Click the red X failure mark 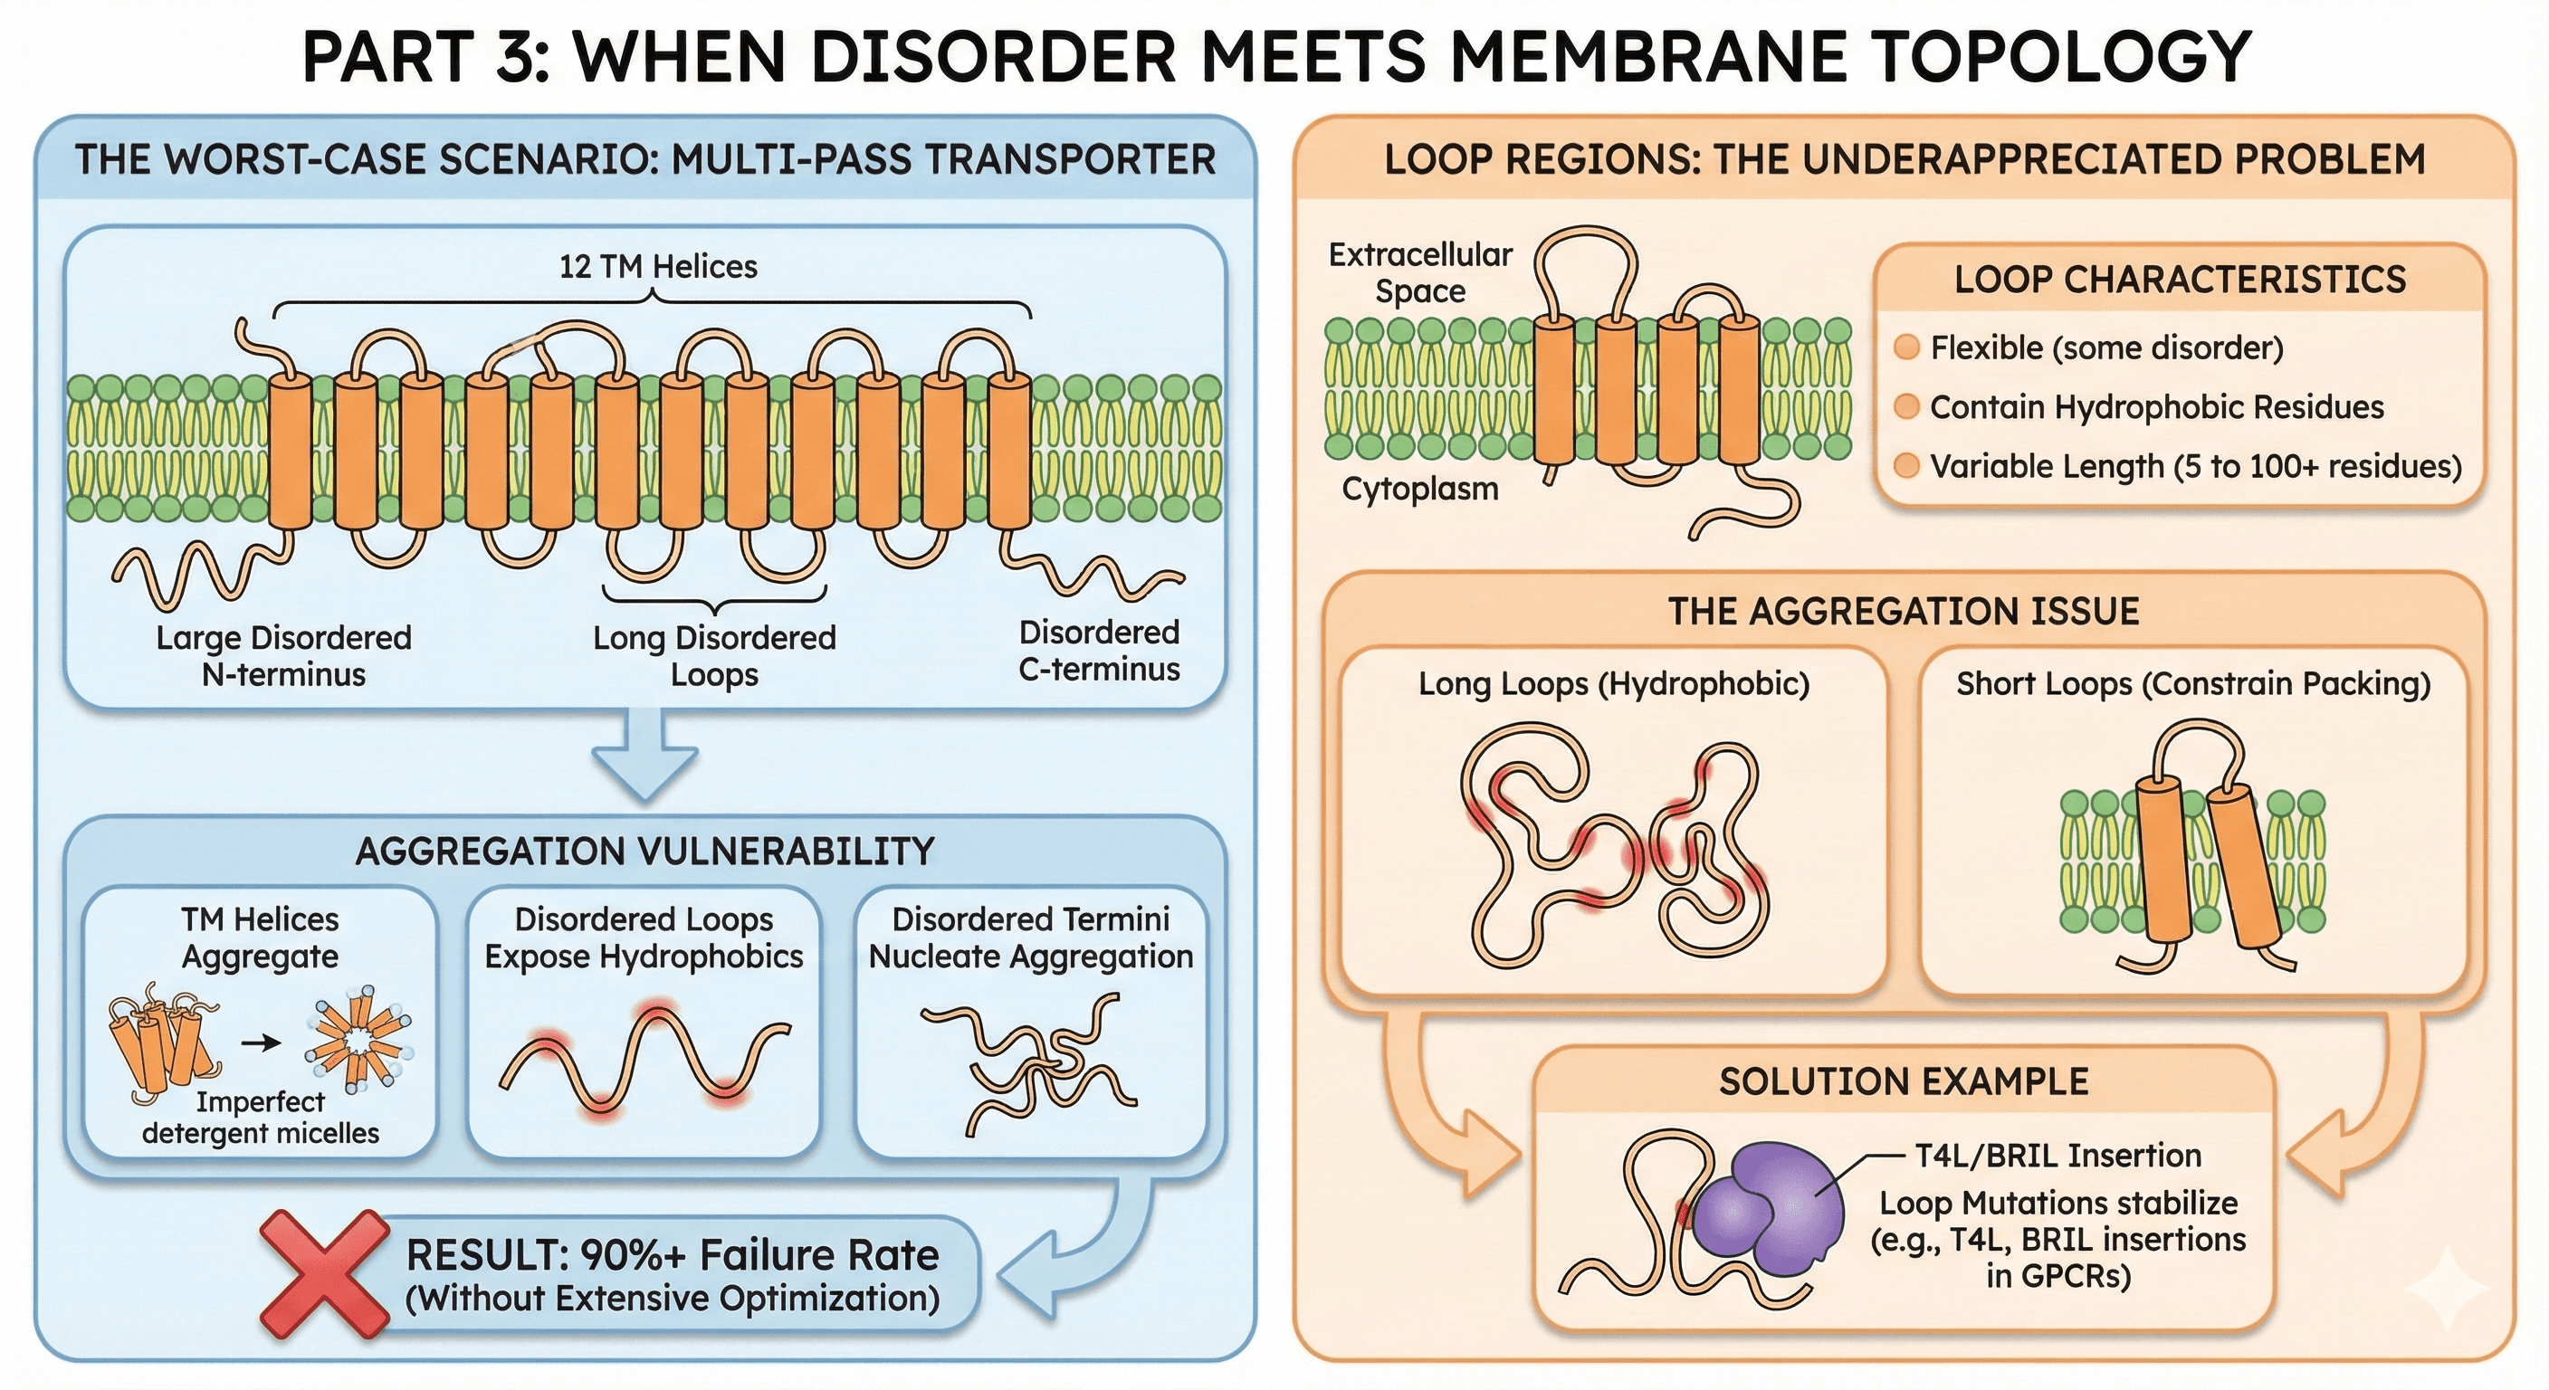point(325,1274)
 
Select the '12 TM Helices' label point(658,266)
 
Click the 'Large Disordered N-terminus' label point(284,656)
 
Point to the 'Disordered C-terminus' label point(1100,651)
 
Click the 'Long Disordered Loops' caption point(714,656)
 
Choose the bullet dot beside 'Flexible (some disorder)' point(1905,347)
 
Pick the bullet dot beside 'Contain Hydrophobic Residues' point(1905,406)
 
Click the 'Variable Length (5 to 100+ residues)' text point(2195,466)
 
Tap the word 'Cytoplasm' point(1420,489)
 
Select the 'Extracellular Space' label point(1420,273)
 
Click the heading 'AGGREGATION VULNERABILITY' point(644,851)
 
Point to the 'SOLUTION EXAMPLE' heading point(1903,1081)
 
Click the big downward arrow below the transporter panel point(645,757)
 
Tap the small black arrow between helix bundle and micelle point(262,1042)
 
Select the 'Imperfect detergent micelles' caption point(261,1117)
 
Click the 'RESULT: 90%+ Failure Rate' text point(672,1255)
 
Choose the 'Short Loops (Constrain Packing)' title point(2192,683)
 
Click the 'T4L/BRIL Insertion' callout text point(2058,1156)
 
